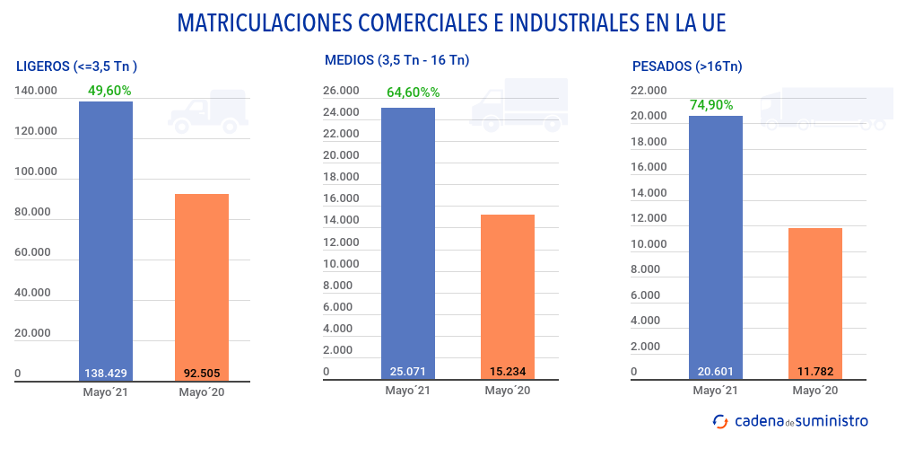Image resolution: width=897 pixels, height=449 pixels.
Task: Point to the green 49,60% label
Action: point(109,90)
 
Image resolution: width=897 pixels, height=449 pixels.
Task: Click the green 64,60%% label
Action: point(413,92)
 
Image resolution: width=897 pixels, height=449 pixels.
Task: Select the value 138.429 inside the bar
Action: point(106,373)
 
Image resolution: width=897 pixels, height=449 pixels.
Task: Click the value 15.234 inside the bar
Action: point(508,371)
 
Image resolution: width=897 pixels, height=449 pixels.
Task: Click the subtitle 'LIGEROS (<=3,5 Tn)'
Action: point(77,66)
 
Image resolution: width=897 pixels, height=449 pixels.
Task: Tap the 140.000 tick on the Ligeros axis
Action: point(37,91)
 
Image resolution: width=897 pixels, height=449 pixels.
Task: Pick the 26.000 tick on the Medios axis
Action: point(341,91)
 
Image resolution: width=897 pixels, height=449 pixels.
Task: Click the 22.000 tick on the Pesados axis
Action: point(649,91)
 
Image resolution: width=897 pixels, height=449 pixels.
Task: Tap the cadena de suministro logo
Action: point(790,420)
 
